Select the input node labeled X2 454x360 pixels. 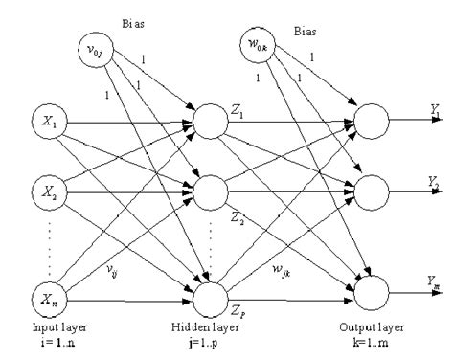tap(48, 190)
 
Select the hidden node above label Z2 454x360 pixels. tap(212, 191)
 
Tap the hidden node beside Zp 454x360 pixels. tap(212, 299)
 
